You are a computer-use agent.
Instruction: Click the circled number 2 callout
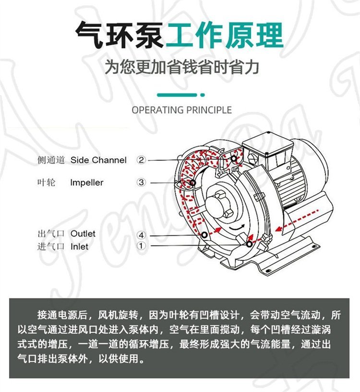click(141, 160)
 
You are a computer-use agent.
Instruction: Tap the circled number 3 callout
click(141, 182)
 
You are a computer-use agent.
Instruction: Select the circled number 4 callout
click(141, 235)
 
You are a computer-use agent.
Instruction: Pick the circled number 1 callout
click(141, 246)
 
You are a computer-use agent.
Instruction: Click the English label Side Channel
click(98, 160)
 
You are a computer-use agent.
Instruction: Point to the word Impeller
click(86, 183)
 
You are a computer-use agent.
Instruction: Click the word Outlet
click(83, 234)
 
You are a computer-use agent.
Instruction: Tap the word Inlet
click(79, 247)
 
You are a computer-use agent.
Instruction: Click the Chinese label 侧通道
click(51, 160)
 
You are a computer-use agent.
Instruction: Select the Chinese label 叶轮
click(46, 182)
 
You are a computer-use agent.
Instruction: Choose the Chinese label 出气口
click(51, 234)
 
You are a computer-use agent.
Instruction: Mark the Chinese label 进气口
click(51, 247)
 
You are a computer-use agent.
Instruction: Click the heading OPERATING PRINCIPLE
click(181, 110)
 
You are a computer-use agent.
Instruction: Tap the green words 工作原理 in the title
click(225, 35)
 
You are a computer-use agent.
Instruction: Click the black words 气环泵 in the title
click(120, 35)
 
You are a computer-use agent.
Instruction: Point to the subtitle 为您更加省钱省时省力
click(181, 67)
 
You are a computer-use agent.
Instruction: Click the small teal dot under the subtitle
click(203, 95)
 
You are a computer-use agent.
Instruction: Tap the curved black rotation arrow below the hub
click(237, 227)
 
